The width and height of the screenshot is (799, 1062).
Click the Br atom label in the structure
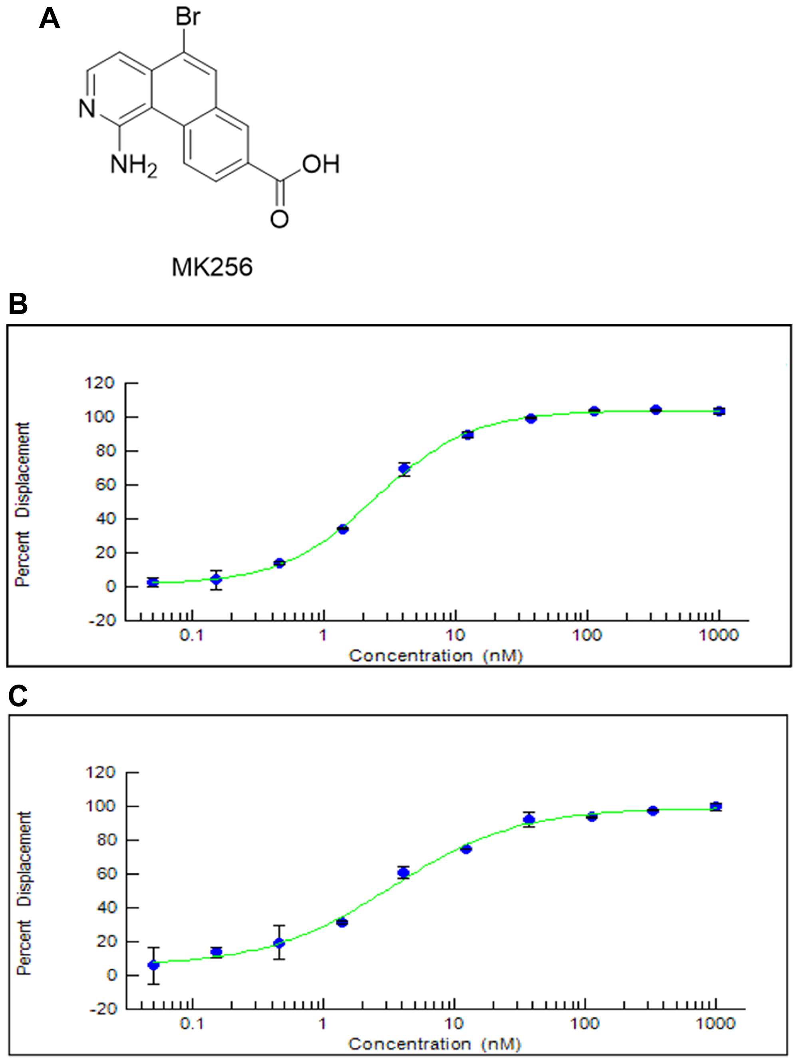188,17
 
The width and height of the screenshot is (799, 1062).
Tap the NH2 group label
133,166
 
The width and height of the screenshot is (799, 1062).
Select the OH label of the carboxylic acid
321,165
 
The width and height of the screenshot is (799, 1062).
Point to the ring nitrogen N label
87,109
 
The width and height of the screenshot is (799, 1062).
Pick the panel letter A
49,20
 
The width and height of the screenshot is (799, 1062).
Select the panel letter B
18,304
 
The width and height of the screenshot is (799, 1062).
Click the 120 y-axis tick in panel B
99,383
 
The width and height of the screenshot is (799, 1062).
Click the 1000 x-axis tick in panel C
716,1024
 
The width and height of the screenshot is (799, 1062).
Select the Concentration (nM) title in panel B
435,656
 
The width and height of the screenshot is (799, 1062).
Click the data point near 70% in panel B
404,468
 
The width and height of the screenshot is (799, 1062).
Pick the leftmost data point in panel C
153,965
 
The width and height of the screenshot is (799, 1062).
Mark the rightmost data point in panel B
719,411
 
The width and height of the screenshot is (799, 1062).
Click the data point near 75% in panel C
466,849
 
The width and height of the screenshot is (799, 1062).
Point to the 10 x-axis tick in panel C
454,1024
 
